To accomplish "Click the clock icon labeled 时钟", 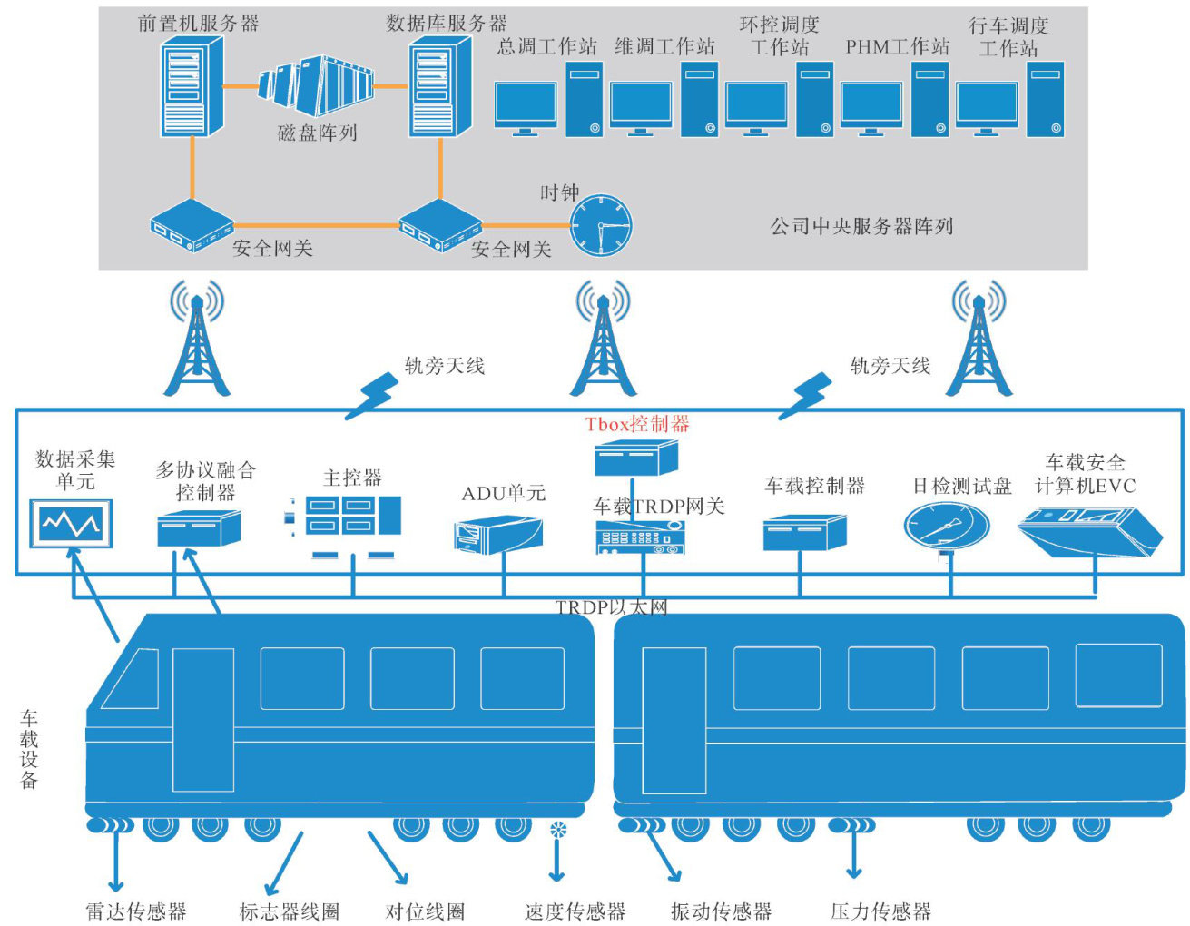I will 600,225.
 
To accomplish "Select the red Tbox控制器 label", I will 637,424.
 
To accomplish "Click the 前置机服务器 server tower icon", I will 192,87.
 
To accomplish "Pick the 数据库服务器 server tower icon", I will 439,89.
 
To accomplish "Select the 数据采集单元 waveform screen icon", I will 72,524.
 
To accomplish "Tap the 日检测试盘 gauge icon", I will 946,526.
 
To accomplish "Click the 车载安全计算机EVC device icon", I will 1089,530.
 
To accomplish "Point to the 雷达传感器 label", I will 136,911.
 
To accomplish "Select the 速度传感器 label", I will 575,911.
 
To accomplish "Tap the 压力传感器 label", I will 880,911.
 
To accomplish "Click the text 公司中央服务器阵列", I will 861,226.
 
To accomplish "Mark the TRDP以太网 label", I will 611,607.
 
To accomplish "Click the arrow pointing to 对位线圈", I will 386,856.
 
